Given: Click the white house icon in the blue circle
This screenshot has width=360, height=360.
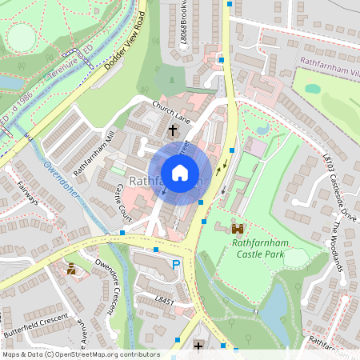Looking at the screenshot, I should pyautogui.click(x=180, y=172).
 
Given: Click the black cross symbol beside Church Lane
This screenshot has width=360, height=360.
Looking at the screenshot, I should pyautogui.click(x=173, y=130).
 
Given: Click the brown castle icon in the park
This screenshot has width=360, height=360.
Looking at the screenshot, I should pyautogui.click(x=237, y=228).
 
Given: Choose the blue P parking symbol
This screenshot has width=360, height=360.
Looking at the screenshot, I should pyautogui.click(x=176, y=265).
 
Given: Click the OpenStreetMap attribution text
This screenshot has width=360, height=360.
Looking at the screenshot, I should pyautogui.click(x=81, y=354).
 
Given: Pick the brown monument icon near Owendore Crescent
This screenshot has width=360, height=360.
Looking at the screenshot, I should pyautogui.click(x=72, y=270).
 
